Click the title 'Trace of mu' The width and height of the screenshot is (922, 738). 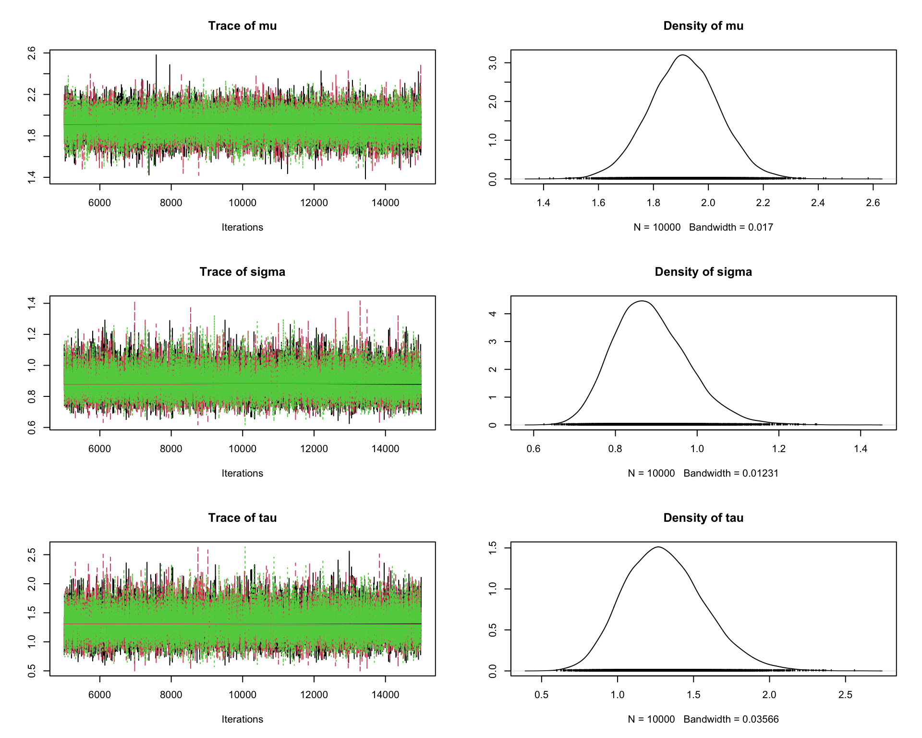(242, 26)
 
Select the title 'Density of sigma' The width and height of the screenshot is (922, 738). (703, 272)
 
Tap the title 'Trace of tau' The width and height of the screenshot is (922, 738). (242, 518)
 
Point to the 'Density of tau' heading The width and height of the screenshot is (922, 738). (703, 518)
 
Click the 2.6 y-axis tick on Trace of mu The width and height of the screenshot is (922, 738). (32, 53)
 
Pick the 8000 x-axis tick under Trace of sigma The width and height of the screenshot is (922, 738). (171, 449)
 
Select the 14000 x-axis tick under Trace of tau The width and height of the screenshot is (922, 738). (385, 695)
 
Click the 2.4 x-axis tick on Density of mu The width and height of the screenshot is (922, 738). (818, 203)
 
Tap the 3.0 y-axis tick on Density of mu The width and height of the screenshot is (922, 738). (493, 63)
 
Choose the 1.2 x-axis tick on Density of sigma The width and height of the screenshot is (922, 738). (779, 449)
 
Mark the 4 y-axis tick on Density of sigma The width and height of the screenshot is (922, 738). (493, 314)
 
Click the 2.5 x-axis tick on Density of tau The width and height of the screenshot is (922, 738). (845, 695)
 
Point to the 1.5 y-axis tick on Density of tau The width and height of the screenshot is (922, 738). (493, 548)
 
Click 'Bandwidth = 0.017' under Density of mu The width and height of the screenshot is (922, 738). (731, 227)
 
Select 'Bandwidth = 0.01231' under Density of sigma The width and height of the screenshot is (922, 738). (731, 473)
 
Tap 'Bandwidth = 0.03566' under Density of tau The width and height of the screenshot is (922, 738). (731, 719)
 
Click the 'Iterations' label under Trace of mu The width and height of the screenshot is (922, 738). (242, 227)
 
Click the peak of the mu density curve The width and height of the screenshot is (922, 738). (682, 55)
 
